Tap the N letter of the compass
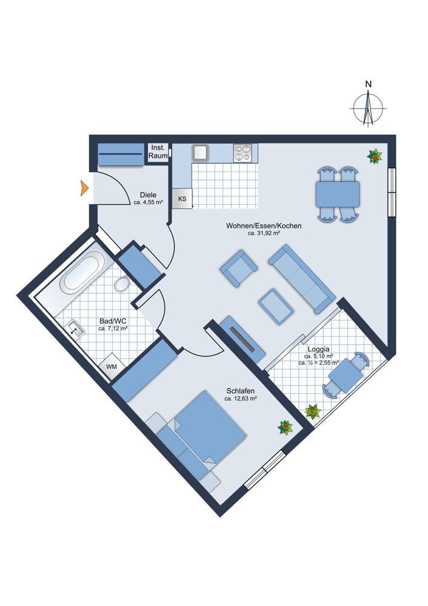pos(368,84)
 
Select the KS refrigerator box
pos(182,198)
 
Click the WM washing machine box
pos(112,367)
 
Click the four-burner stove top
pos(244,153)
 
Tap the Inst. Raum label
pos(158,151)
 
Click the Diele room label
pos(148,195)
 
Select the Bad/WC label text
pos(113,321)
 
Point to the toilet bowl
pos(122,283)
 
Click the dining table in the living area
pos(337,195)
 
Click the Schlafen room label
pos(241,391)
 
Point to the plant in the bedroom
pos(285,428)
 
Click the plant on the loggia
pos(313,412)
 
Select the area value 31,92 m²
pos(264,233)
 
